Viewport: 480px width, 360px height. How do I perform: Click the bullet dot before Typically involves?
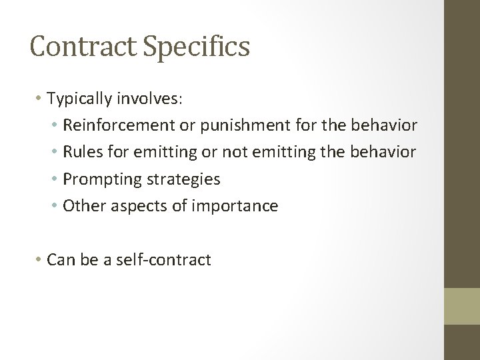coord(39,99)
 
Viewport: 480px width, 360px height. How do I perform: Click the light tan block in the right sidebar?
coord(463,307)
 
